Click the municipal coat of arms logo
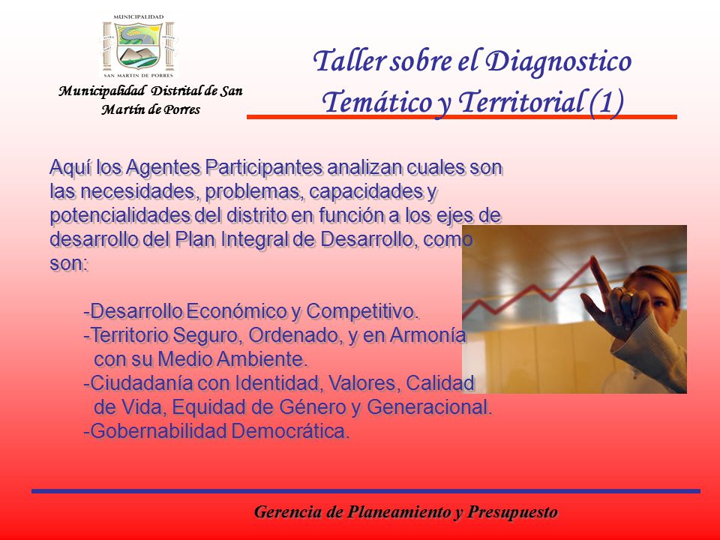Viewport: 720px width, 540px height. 138,46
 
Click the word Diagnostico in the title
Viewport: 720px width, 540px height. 558,60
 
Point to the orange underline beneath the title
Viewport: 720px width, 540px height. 462,117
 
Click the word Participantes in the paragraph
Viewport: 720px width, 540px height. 264,167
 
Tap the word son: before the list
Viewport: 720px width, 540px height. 69,263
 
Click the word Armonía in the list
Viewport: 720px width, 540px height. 428,335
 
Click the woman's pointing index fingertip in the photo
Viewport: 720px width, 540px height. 594,259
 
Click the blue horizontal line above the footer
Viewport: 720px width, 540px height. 366,491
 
